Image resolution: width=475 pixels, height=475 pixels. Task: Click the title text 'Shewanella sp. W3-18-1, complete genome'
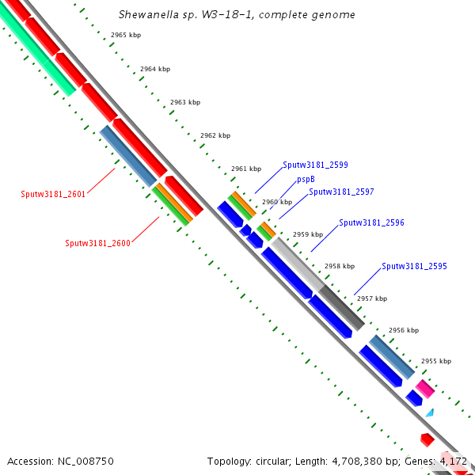tap(237, 15)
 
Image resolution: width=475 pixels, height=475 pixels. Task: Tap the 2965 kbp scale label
tap(125, 36)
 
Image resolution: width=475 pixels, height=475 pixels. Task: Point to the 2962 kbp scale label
tap(215, 135)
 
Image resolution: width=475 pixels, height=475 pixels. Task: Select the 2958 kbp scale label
tap(340, 266)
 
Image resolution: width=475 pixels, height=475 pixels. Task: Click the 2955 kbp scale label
tap(435, 361)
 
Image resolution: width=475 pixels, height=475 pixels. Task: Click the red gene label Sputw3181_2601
tap(53, 194)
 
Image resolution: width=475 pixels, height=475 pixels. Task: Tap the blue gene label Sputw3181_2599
tap(315, 165)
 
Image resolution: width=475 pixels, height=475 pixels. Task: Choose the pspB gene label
tap(306, 180)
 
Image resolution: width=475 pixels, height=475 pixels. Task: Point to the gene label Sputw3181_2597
tap(341, 192)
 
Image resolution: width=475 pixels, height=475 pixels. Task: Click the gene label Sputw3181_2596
tap(371, 223)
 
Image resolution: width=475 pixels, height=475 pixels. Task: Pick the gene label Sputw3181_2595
tap(414, 266)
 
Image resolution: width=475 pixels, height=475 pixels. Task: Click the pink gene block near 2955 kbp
tap(425, 388)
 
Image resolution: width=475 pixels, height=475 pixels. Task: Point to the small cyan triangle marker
tap(430, 412)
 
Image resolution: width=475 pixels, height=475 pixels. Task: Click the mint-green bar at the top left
tap(40, 55)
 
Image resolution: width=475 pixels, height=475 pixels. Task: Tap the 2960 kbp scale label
tap(277, 202)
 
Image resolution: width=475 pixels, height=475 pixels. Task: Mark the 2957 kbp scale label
tap(372, 298)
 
